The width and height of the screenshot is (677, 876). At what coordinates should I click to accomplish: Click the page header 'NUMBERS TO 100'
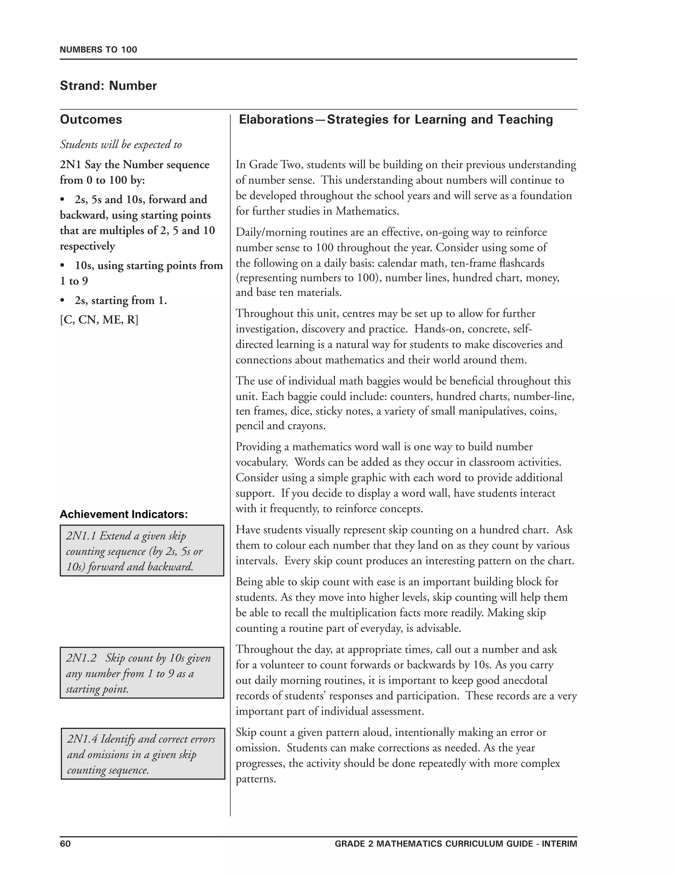[98, 50]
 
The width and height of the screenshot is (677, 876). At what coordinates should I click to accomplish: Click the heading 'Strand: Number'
[108, 86]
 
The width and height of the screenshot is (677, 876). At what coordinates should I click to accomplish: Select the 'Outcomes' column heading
[91, 120]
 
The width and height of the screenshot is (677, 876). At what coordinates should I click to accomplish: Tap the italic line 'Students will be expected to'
[121, 144]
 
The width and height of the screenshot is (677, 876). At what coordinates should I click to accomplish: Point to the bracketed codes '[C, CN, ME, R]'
[99, 320]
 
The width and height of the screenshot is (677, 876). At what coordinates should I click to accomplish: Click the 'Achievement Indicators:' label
[124, 514]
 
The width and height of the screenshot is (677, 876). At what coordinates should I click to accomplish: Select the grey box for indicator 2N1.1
[142, 551]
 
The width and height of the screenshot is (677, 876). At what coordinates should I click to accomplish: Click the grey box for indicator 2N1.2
[142, 673]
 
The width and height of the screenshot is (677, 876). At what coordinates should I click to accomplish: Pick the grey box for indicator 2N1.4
[143, 754]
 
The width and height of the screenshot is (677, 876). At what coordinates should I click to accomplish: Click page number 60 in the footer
[65, 844]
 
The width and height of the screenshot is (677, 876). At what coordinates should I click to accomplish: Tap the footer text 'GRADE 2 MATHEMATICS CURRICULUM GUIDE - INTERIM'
[456, 844]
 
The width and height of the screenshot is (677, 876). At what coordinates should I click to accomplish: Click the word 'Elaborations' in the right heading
[276, 120]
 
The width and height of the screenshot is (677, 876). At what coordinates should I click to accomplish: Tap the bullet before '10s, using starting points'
[62, 266]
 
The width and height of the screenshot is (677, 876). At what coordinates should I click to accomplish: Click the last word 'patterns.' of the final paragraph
[256, 779]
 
